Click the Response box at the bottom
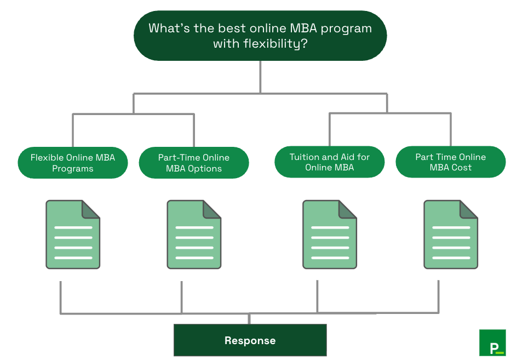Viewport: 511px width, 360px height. [x=250, y=340]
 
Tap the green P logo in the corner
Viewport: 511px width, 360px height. [x=492, y=342]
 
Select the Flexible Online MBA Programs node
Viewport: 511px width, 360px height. [x=73, y=163]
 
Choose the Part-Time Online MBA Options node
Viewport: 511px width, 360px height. [x=194, y=163]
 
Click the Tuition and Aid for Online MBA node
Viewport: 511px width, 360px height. [x=329, y=162]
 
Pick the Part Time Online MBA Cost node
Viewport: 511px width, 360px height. [x=450, y=162]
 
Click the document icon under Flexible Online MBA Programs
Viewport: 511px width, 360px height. [x=73, y=235]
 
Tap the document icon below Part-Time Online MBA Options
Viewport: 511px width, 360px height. [x=194, y=235]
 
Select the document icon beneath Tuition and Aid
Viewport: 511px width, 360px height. [x=329, y=235]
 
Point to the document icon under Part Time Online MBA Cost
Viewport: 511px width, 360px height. [x=450, y=235]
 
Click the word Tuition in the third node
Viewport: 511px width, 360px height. [x=304, y=157]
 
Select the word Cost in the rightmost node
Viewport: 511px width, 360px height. [x=461, y=168]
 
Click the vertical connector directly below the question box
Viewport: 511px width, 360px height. [x=260, y=77]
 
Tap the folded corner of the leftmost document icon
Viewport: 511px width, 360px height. [x=91, y=209]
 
